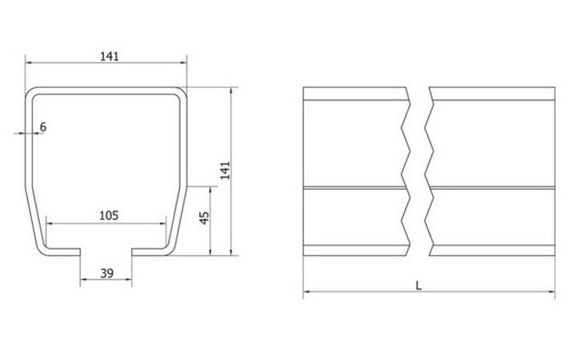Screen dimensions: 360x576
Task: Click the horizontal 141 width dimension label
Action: pos(110,55)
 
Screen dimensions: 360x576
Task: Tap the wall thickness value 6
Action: pos(43,126)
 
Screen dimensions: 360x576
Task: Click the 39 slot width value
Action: pos(106,274)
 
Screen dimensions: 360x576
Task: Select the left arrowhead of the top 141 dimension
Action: pos(28,63)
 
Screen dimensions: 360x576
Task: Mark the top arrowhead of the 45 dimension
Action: pos(211,190)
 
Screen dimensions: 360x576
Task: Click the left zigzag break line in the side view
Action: pos(406,171)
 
